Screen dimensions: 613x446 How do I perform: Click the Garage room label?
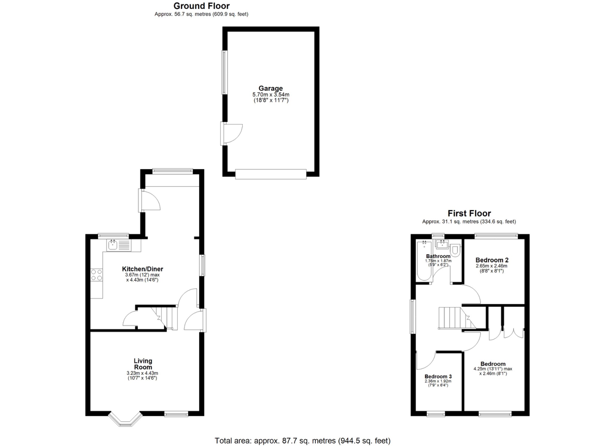[271, 88]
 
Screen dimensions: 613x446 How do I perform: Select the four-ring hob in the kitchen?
[96, 275]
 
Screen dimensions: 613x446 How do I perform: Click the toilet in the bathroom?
[455, 250]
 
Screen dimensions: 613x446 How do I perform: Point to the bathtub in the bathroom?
[424, 261]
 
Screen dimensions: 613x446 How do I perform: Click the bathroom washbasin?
[442, 244]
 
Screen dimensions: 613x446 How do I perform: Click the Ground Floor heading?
[201, 6]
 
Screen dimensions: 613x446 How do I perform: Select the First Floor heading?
[469, 213]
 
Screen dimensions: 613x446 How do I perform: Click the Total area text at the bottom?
[303, 441]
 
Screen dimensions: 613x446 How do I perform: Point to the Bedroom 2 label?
[492, 260]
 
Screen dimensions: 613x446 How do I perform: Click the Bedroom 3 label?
[438, 377]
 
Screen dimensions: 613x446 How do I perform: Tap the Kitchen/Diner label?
[142, 269]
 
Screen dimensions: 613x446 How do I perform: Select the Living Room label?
[143, 364]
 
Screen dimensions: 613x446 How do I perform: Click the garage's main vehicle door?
[271, 174]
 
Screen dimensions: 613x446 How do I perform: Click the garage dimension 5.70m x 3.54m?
[271, 95]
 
